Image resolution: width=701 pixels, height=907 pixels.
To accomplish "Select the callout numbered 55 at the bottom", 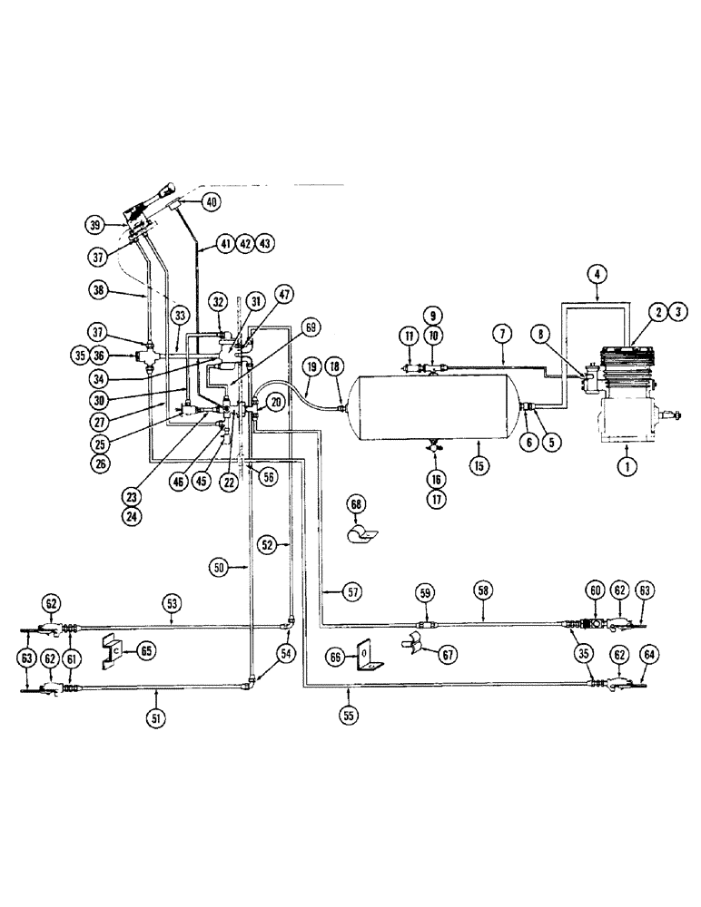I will click(350, 714).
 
